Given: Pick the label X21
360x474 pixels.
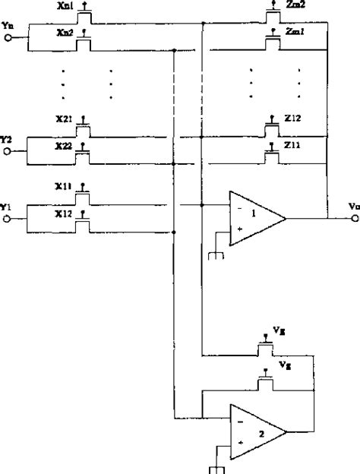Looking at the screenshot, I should click(x=64, y=120).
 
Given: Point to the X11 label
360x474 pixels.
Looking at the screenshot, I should click(x=64, y=185).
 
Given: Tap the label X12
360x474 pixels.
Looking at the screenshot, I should click(x=64, y=214).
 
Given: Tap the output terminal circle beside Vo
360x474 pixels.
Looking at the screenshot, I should click(x=355, y=217).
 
